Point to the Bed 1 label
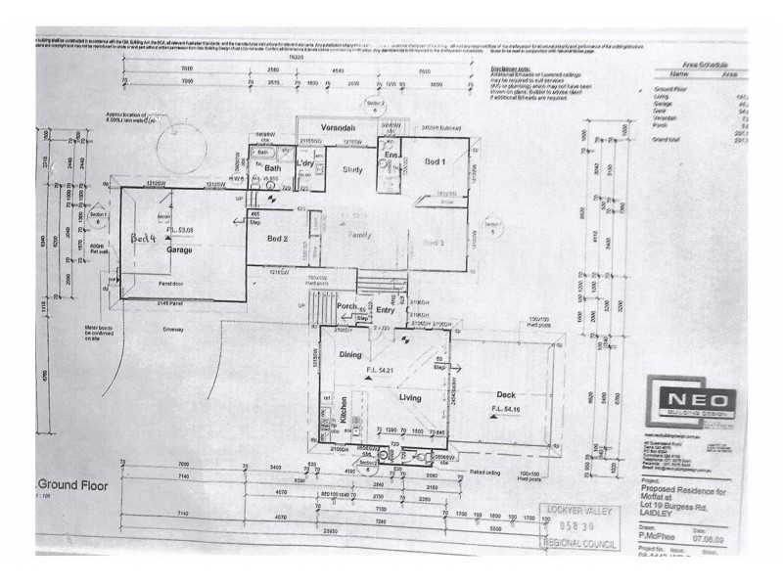(x=436, y=160)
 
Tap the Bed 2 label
(x=278, y=238)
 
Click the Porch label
(x=346, y=305)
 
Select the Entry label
(x=385, y=311)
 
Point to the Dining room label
(x=350, y=355)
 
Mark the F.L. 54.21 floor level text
(x=380, y=371)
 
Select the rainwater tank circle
(x=172, y=150)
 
